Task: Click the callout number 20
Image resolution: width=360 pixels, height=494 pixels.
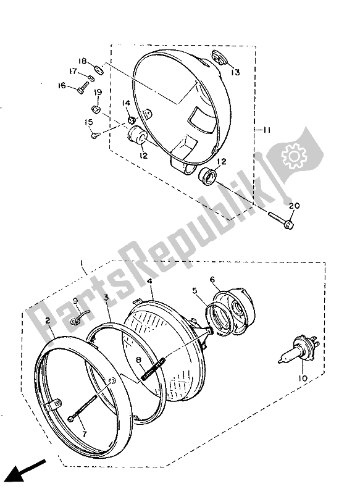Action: pos(294,206)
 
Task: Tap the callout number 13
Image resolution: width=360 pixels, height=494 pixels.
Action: pos(235,72)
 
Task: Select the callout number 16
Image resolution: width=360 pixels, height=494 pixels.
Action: pos(62,85)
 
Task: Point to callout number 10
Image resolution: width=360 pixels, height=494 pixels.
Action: pos(303,378)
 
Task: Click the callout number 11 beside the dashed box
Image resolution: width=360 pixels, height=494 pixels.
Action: pos(267,130)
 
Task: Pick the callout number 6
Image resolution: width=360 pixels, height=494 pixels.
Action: pos(212,280)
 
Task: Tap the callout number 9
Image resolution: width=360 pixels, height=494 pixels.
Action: pos(75,301)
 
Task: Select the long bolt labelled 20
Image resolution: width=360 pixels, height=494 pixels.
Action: pos(281,219)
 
